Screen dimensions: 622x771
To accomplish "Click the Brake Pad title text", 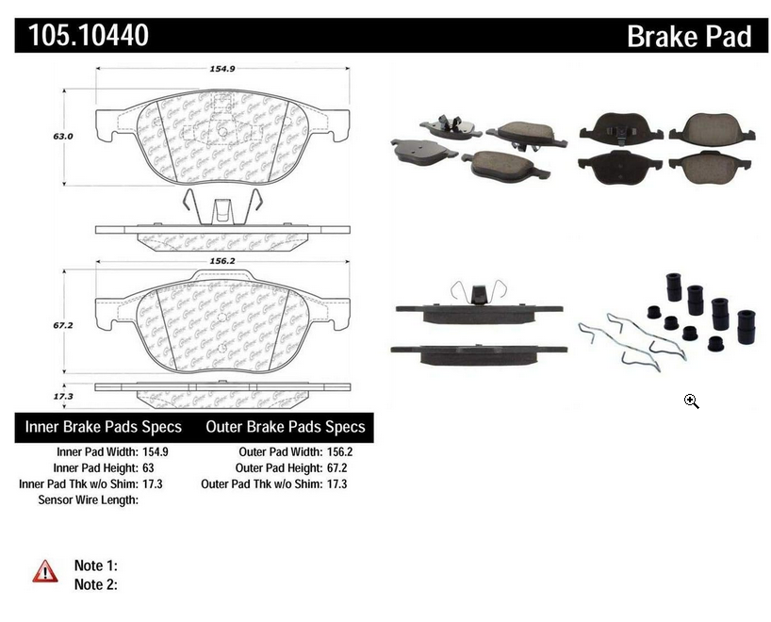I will (x=689, y=36).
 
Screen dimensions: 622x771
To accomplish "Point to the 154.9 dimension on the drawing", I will (x=221, y=67).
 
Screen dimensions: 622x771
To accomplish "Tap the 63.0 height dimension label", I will (x=63, y=136).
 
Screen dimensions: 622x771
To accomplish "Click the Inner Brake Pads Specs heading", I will (x=103, y=427).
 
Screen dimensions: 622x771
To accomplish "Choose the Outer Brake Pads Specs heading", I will (x=286, y=427).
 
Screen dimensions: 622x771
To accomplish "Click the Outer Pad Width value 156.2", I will (x=336, y=451).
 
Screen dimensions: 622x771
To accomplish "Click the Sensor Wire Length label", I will (x=88, y=499).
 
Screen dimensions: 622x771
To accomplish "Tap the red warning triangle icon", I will (x=45, y=570).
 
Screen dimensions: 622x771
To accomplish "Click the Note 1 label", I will (x=95, y=565).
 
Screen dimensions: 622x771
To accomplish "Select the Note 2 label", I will (x=95, y=584).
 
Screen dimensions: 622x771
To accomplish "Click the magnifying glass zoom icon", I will (x=691, y=401).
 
